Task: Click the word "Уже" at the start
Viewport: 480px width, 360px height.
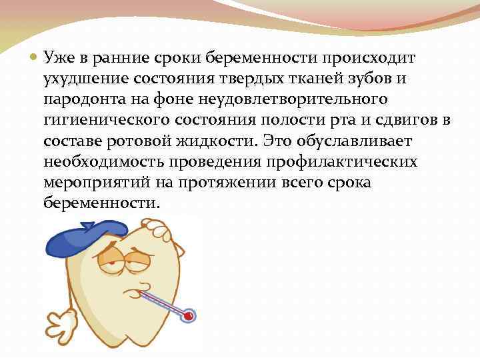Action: [58, 58]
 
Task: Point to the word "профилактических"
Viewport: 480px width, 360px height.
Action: [352, 162]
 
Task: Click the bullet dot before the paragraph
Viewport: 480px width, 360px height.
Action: [33, 57]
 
